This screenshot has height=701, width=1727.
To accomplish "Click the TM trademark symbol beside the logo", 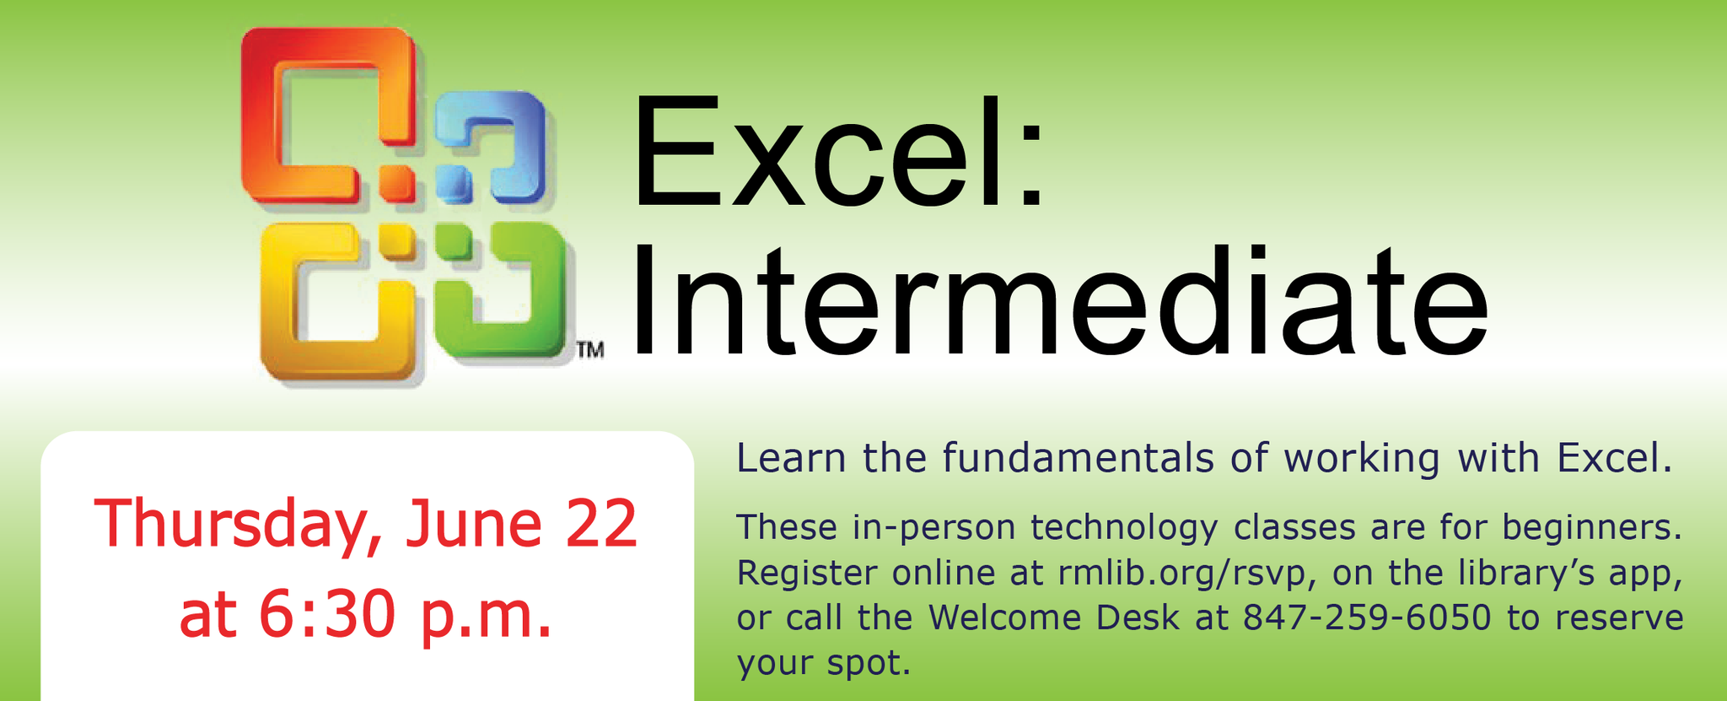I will pos(590,349).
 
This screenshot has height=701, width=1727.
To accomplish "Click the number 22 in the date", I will pos(600,524).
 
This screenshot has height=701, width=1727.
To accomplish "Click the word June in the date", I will pos(473,524).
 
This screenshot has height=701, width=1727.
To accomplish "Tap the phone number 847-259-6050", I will pos(1367,617).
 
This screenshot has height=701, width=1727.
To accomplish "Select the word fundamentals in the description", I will pos(1079,458).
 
